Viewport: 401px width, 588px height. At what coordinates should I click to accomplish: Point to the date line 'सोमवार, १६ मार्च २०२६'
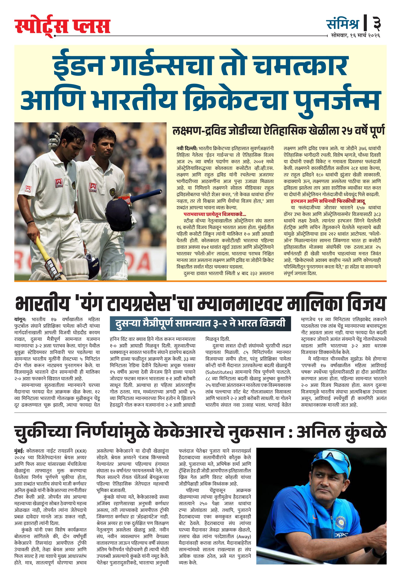click(356, 36)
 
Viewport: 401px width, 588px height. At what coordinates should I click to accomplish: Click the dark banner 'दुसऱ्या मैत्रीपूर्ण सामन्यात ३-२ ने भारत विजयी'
click(200, 323)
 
